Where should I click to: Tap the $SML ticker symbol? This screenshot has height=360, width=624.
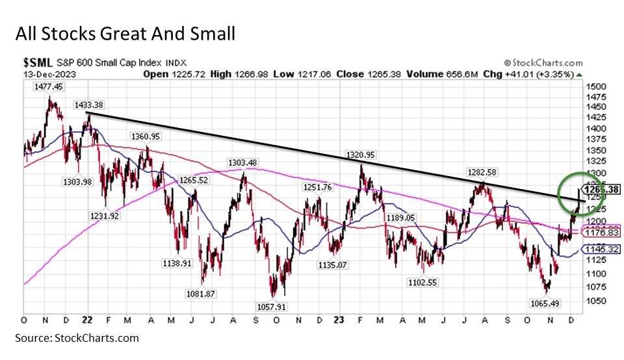37,62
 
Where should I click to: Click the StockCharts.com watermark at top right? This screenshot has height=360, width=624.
543,62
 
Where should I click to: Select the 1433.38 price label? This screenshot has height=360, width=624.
90,104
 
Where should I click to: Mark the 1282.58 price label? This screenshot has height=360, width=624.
482,173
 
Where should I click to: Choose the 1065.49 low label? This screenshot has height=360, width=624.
545,303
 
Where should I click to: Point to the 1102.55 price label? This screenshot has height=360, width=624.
422,283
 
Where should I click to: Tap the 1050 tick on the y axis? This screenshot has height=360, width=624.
596,301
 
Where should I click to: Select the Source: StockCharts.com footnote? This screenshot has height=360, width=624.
77,338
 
